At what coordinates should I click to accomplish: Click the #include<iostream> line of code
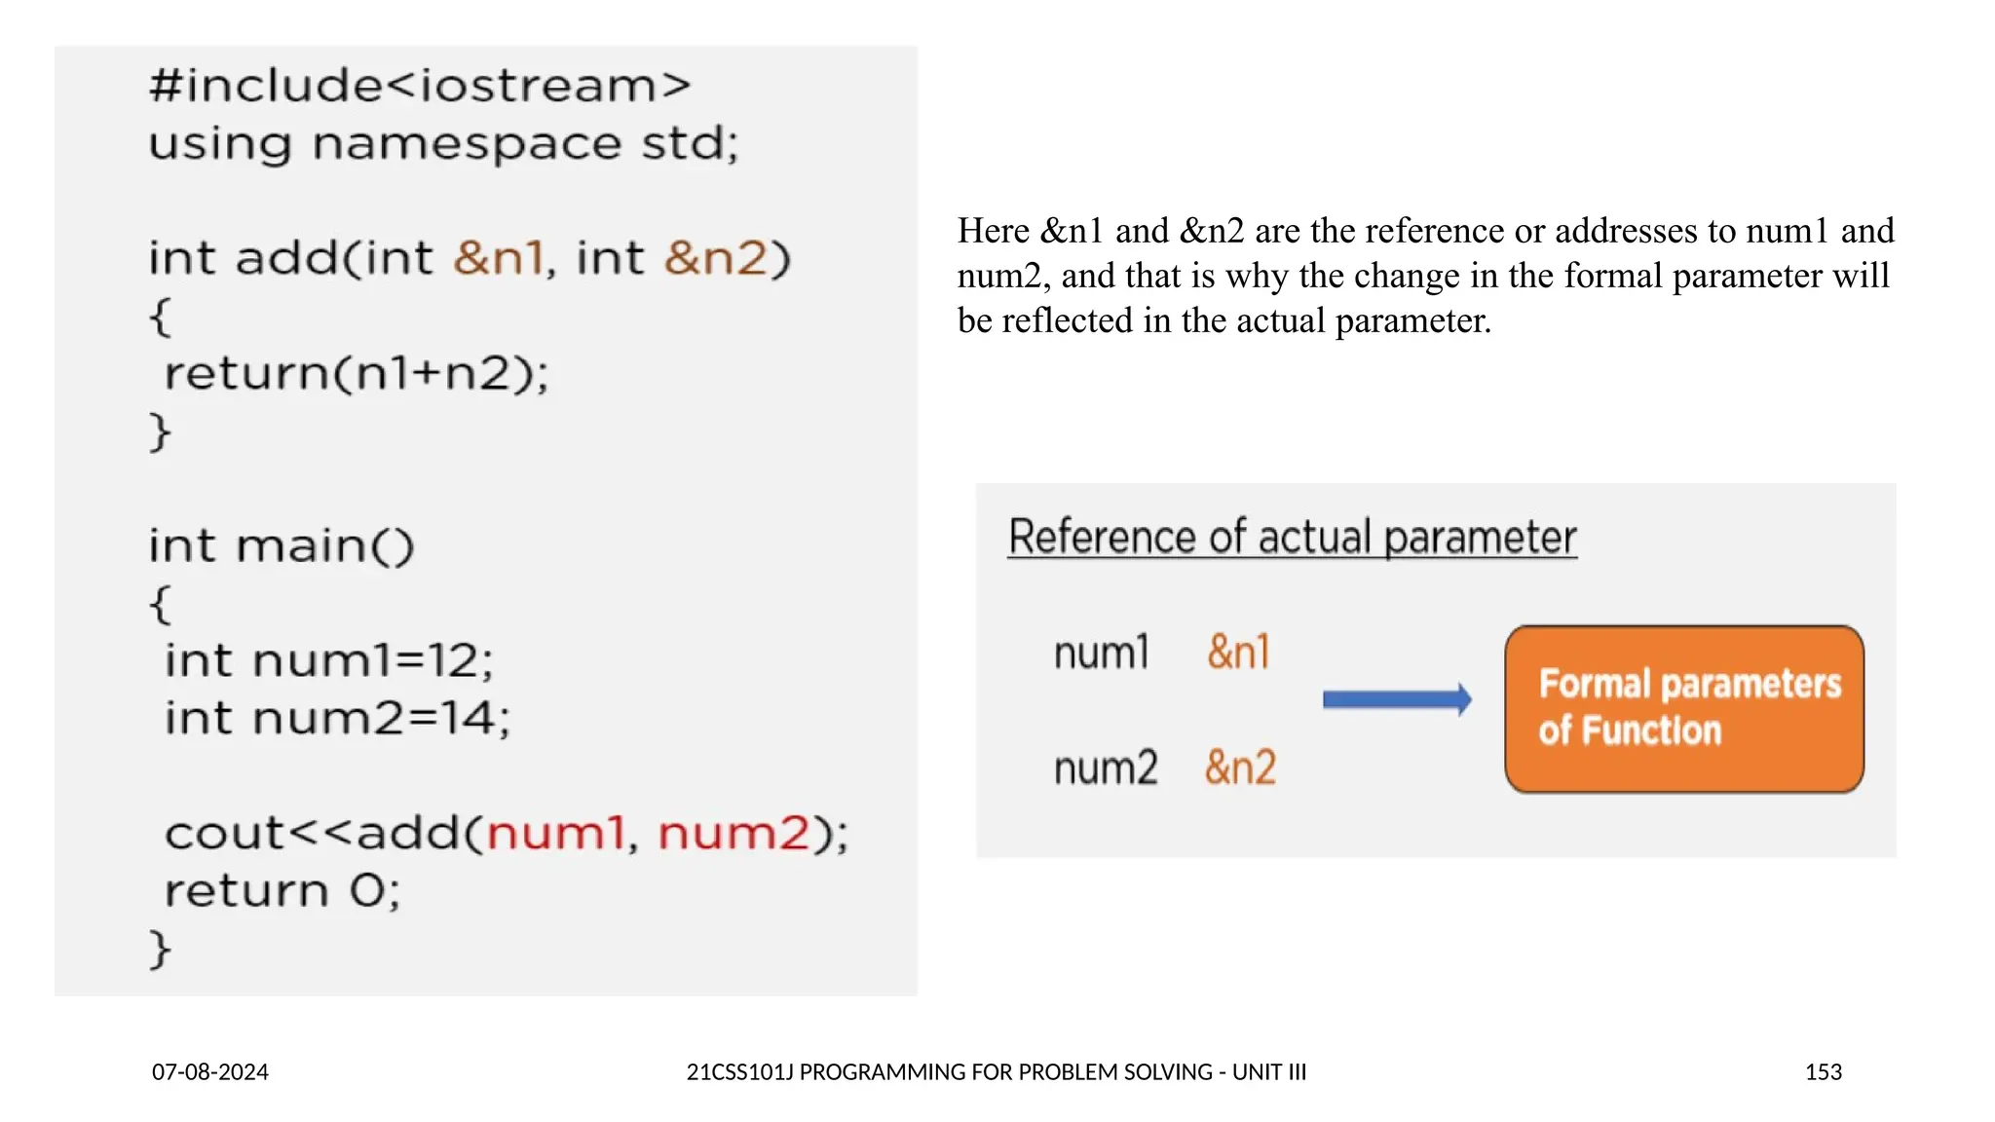[x=420, y=86]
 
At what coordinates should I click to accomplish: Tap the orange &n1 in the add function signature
[x=498, y=258]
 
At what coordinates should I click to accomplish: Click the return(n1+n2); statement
[x=357, y=373]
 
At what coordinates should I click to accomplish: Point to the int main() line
[x=282, y=545]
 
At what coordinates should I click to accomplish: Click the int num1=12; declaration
[x=328, y=660]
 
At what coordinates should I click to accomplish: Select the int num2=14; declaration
[x=337, y=718]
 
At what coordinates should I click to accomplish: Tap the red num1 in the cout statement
[x=555, y=834]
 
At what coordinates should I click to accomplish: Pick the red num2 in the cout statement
[x=734, y=834]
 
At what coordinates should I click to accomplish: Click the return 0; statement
[x=282, y=890]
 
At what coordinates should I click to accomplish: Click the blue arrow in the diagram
[x=1397, y=699]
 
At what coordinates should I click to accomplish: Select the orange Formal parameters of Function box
[x=1683, y=708]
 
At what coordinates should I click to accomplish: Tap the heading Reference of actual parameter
[x=1292, y=538]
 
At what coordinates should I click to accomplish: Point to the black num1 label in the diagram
[x=1102, y=653]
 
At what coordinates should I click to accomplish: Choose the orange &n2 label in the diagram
[x=1240, y=767]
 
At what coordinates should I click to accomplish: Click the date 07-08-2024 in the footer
[x=210, y=1072]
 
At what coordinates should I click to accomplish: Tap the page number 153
[x=1823, y=1072]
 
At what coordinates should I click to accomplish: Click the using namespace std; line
[x=443, y=144]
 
